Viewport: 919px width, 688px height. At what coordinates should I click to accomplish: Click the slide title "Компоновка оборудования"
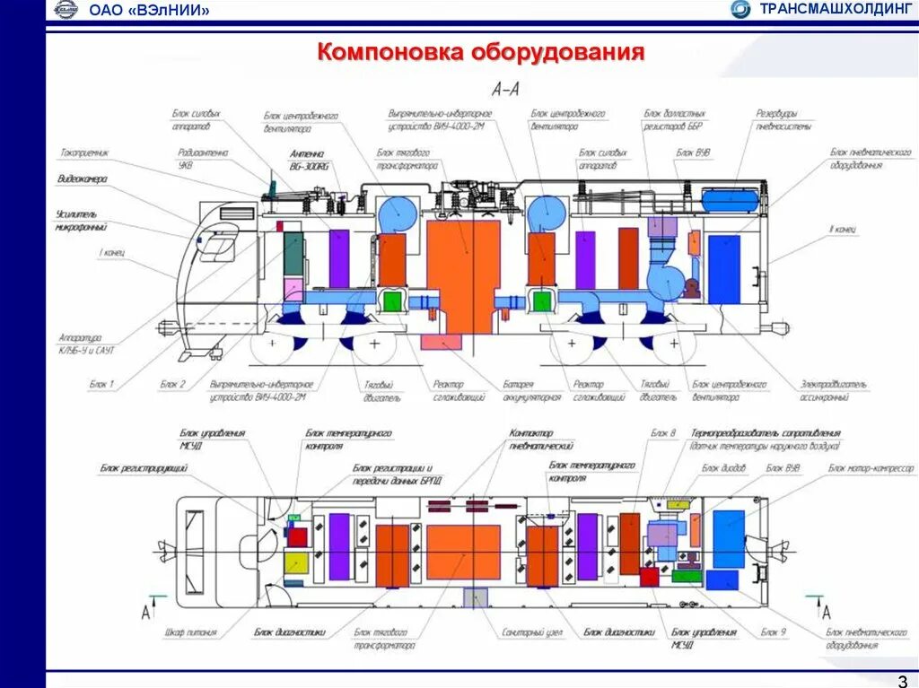click(x=481, y=52)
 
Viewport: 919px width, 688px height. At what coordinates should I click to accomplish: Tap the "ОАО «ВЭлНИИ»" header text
click(x=150, y=11)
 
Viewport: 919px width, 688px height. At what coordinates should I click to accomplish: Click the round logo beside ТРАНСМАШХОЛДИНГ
click(x=740, y=10)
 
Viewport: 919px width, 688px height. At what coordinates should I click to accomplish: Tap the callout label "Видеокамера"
click(x=82, y=179)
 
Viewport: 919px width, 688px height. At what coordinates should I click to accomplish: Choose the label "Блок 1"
click(x=101, y=384)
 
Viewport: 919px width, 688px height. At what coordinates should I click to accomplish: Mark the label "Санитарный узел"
click(x=532, y=632)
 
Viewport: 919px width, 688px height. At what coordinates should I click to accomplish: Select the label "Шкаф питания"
click(x=190, y=632)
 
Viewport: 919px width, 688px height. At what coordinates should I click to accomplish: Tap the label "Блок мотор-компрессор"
click(x=871, y=468)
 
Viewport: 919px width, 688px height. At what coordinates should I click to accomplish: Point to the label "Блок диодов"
click(x=723, y=468)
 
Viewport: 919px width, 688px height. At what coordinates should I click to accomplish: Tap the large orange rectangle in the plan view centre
click(x=463, y=552)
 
